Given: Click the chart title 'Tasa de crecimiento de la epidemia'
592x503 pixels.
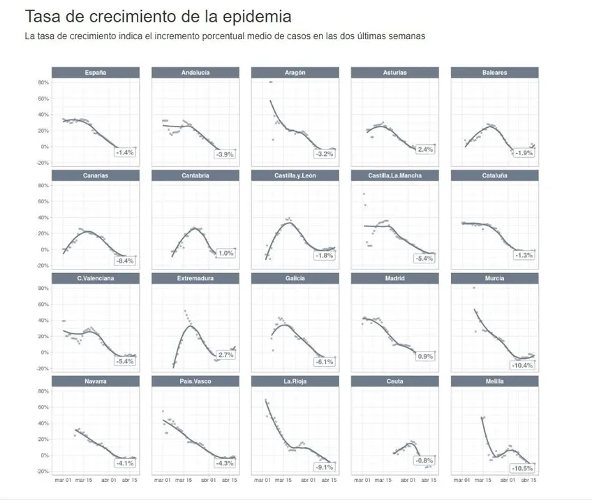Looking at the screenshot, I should point(158,16).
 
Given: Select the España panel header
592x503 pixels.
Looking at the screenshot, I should point(95,73).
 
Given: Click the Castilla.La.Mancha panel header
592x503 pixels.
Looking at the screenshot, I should point(394,175).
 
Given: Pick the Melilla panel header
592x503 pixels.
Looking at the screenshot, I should point(494,381).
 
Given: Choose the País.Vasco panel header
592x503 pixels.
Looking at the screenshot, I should point(195,381).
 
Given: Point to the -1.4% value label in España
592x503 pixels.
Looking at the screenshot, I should point(125,152).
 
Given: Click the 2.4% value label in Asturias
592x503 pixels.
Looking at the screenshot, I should point(424,150).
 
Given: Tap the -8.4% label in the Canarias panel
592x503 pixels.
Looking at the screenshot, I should point(125,261).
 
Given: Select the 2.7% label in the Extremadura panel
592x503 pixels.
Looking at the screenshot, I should point(225,356).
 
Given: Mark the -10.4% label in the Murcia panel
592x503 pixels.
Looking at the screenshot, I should point(522,365).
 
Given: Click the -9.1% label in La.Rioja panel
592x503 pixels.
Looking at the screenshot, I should point(324,467).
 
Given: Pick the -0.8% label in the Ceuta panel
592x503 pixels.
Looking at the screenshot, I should point(424,461).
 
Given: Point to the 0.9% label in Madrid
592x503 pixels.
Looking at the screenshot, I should point(424,356).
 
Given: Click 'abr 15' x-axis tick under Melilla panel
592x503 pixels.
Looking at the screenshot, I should point(528,481).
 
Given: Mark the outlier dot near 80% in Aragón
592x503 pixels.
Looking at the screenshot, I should point(270,82).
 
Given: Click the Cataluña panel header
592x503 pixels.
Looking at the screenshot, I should point(494,175).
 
